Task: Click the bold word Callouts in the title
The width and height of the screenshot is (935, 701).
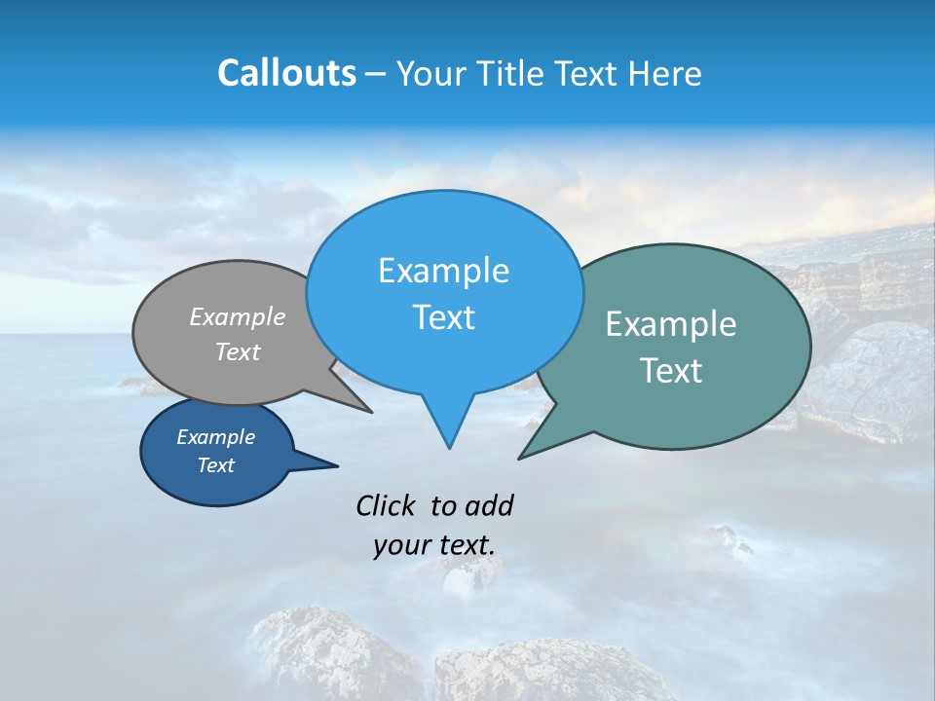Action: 286,73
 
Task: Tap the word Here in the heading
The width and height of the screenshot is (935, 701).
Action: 664,73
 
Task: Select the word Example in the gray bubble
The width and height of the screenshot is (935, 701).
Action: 237,316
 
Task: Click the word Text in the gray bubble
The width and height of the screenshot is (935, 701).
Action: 237,351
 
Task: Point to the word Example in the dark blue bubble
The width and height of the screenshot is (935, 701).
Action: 215,437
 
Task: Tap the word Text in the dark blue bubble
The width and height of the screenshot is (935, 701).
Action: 215,465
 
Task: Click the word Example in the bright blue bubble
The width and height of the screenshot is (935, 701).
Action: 443,271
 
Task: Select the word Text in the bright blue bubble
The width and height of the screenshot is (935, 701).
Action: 443,317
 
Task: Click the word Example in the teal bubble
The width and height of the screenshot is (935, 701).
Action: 670,324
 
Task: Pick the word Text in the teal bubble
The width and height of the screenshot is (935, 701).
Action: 670,371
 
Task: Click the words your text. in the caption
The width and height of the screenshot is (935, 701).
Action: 433,545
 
